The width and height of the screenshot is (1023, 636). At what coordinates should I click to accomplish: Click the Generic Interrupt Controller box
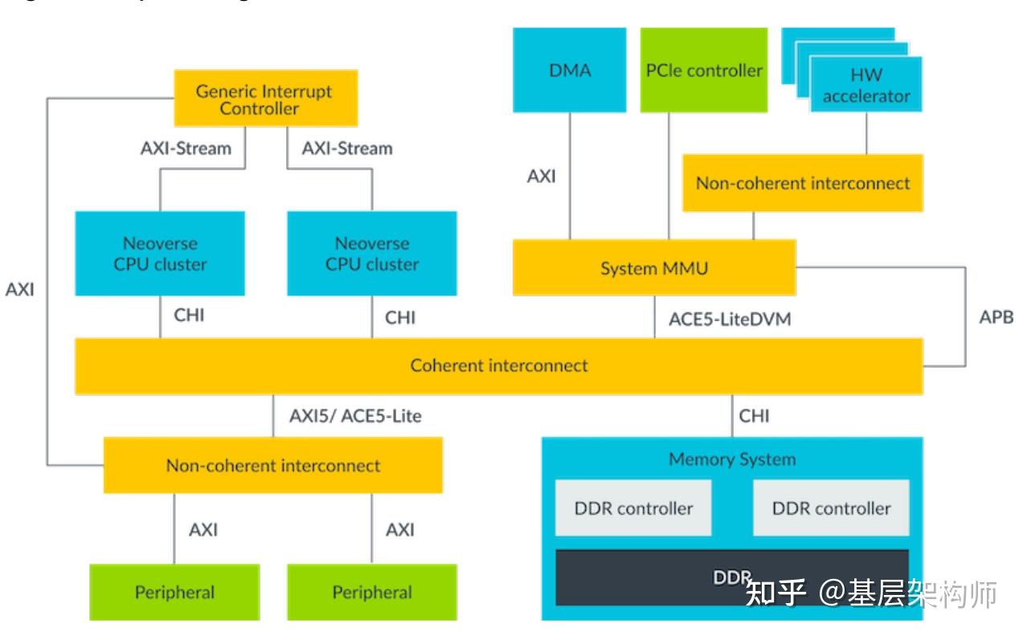[x=265, y=98]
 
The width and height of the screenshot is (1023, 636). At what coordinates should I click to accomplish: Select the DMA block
[x=570, y=70]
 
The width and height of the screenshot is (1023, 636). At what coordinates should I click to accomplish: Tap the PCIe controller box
[x=704, y=70]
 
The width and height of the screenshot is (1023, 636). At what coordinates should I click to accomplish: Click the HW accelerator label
[x=865, y=85]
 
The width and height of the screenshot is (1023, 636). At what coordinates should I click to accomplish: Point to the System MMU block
[x=654, y=267]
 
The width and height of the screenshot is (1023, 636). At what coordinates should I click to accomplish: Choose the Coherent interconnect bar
[x=498, y=365]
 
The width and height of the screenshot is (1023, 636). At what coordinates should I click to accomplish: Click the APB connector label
[x=996, y=316]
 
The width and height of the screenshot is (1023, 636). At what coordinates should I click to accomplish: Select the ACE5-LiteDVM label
[x=730, y=319]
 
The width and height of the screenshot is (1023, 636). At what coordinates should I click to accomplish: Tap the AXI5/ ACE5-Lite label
[x=355, y=415]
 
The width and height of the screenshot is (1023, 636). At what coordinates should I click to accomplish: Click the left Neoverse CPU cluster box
[x=159, y=253]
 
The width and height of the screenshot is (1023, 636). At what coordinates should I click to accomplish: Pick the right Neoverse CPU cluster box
[x=372, y=253]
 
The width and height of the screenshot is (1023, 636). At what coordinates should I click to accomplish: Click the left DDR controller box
[x=633, y=508]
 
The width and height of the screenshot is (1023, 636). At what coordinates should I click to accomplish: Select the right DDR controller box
[x=831, y=508]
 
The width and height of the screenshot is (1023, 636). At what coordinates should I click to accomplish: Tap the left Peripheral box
[x=174, y=593]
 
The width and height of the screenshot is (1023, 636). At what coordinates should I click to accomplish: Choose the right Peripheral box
[x=372, y=593]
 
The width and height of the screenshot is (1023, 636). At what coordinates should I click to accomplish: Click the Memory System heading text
[x=732, y=459]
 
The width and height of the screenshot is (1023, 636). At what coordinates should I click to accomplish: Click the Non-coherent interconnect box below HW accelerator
[x=802, y=183]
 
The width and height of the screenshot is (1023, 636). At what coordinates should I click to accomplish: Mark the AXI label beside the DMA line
[x=541, y=176]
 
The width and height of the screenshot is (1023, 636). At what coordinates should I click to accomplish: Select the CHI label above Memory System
[x=754, y=415]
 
